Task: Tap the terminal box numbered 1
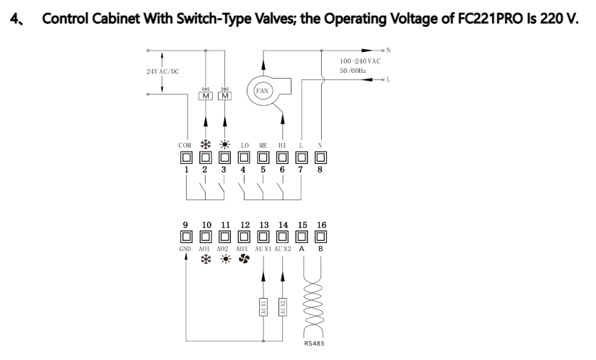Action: tap(186, 157)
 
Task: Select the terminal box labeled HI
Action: tap(282, 157)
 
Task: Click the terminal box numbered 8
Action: tap(320, 157)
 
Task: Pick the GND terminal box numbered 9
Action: tap(185, 237)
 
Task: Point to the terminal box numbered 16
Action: tap(320, 237)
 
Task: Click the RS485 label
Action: tap(314, 343)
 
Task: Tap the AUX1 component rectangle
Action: tap(263, 307)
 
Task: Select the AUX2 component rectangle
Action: tap(282, 307)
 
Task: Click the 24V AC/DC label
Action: tap(162, 71)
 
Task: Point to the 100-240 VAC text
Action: tap(360, 61)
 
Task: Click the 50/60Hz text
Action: tap(353, 71)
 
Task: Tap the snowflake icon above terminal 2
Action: tap(206, 145)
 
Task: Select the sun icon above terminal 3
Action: tap(225, 145)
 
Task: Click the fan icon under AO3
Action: tap(244, 259)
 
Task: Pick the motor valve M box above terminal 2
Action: tap(206, 96)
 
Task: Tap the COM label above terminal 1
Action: tap(185, 146)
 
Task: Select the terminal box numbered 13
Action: tap(263, 237)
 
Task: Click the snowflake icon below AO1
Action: tap(206, 259)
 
